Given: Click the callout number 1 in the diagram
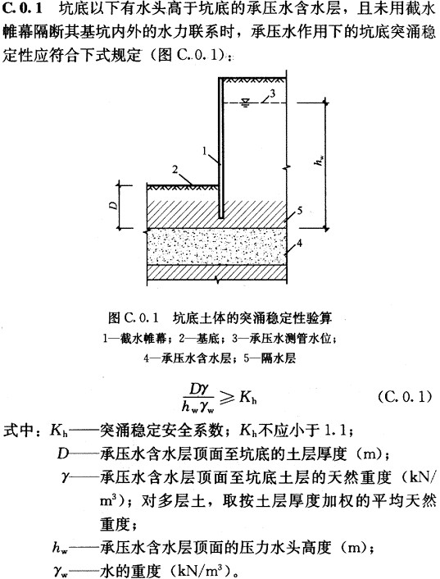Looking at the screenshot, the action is (205, 151).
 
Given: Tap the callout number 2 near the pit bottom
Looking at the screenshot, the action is (175, 170).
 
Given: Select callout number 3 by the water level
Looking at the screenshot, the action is (272, 93).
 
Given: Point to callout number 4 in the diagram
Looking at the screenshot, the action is (300, 243).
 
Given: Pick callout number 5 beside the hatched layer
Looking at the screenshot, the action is (300, 211).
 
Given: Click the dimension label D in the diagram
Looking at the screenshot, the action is (115, 205).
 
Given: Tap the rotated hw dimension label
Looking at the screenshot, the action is (320, 160).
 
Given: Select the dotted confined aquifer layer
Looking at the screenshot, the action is (216, 246).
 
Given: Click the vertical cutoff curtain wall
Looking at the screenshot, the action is (221, 148).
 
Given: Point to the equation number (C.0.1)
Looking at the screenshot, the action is (405, 397).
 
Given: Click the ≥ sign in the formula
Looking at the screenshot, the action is (226, 398).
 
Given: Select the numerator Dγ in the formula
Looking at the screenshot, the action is (198, 390).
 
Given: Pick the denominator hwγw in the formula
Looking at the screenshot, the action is (198, 406).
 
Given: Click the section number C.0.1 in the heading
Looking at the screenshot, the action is (22, 10).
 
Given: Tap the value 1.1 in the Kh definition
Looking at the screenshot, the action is (334, 430).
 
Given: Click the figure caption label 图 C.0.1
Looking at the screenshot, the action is (133, 317).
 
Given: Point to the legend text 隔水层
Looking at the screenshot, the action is (278, 358).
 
